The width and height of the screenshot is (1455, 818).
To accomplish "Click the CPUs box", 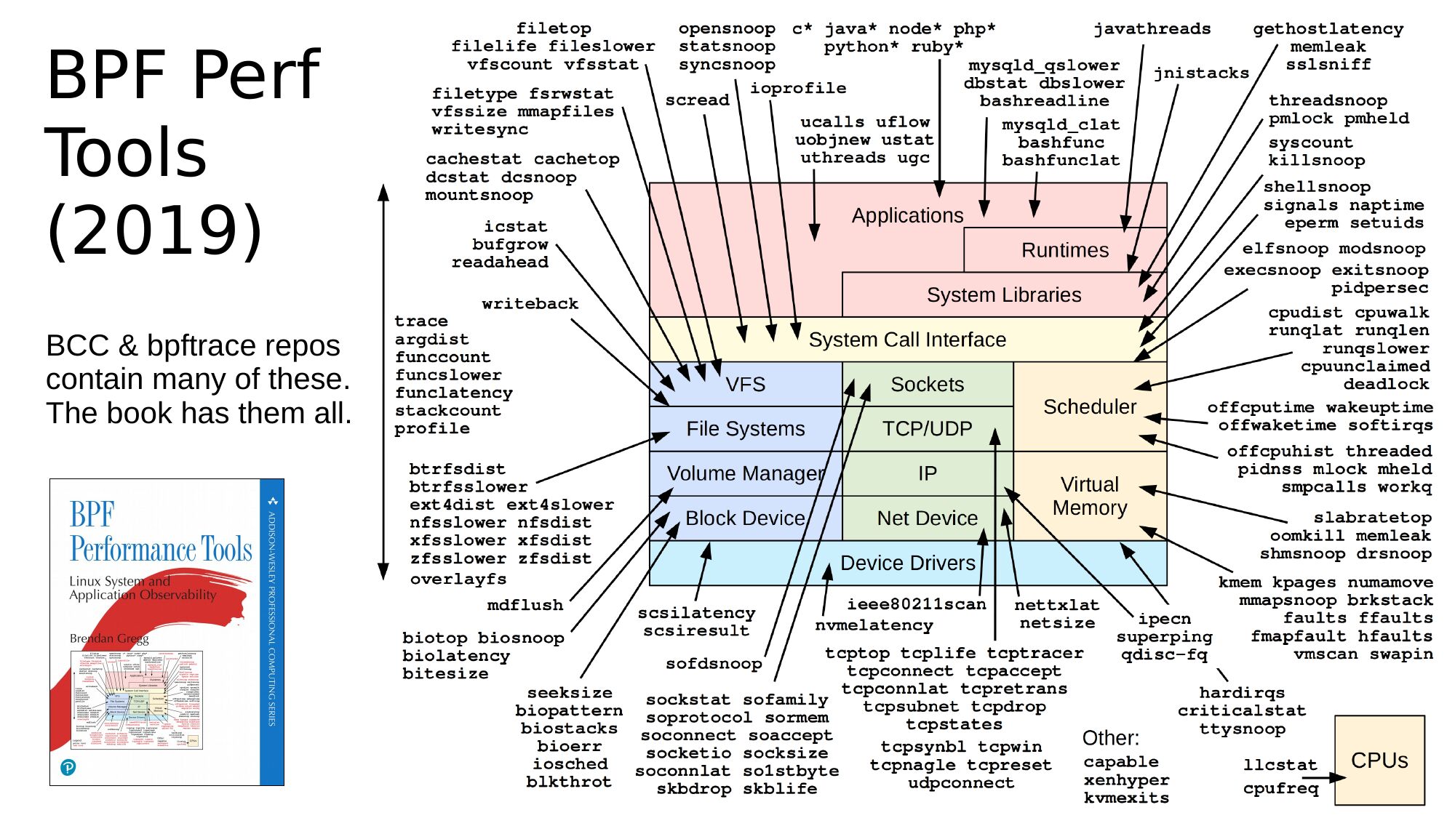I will coord(1379,760).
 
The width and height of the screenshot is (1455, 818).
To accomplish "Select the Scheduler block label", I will coord(1089,406).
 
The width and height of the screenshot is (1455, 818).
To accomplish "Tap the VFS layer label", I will coord(745,384).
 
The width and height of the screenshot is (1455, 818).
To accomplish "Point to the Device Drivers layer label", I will coord(907,563).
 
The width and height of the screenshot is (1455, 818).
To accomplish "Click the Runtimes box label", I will coord(1064,250).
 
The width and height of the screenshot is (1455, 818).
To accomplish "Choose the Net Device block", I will coord(927,518).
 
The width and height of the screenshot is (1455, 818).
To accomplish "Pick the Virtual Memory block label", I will coord(1089,496).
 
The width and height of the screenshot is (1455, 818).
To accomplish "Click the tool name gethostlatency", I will coord(1328,29).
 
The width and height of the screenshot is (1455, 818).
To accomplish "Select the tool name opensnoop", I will coord(726,29).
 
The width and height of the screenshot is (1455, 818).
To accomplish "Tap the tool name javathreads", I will coord(1152,29).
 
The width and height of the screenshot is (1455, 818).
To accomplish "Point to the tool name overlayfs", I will coord(458,580).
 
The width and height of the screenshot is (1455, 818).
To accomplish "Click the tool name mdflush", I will coord(525,605).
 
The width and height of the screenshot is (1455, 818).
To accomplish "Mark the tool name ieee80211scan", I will coord(916,604).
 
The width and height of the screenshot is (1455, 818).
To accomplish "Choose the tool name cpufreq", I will coord(1280,788).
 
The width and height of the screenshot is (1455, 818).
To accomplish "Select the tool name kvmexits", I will coord(1126,798).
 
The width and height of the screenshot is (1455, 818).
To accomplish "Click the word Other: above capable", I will coord(1110,738).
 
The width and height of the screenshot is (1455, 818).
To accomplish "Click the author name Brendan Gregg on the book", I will coord(108,638).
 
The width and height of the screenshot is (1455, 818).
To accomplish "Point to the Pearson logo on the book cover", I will coord(68,767).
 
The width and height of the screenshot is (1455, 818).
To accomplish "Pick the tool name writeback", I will coord(530,304).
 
